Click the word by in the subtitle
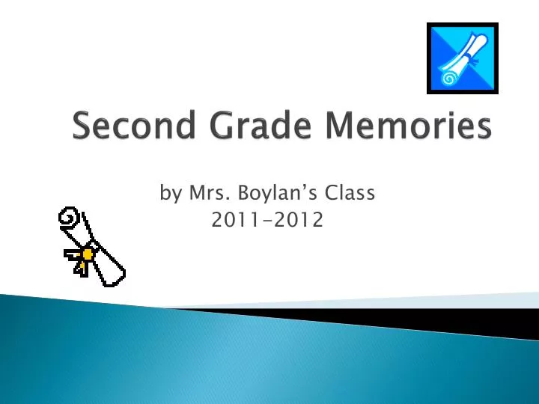click(x=171, y=195)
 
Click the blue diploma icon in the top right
click(x=461, y=58)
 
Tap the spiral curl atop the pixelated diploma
click(x=70, y=219)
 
